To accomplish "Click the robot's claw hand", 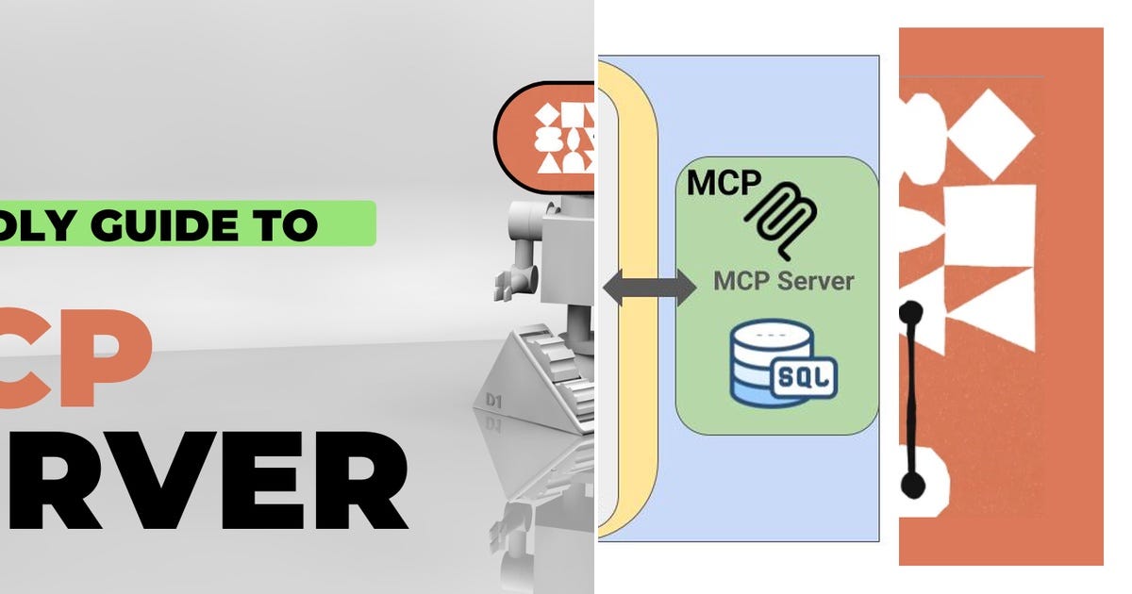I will coord(514,279).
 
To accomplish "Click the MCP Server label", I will coord(783,280).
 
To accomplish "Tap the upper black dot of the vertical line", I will coord(910,310).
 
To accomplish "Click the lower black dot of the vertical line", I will coord(911,485).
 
